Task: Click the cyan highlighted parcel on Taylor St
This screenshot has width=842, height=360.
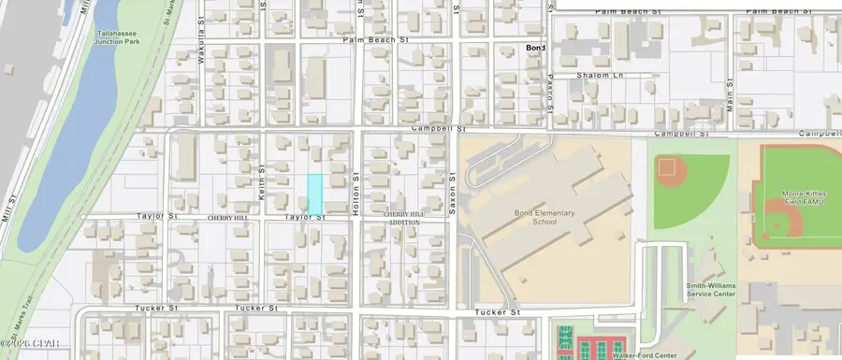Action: click(315, 193)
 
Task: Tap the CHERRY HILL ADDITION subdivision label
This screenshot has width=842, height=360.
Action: click(405, 218)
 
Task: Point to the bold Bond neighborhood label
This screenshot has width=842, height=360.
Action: click(535, 48)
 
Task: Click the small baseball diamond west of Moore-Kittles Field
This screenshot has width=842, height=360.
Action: click(667, 168)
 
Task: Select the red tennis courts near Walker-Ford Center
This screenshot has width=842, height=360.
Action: click(603, 348)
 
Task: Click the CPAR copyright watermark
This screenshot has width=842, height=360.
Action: click(23, 353)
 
